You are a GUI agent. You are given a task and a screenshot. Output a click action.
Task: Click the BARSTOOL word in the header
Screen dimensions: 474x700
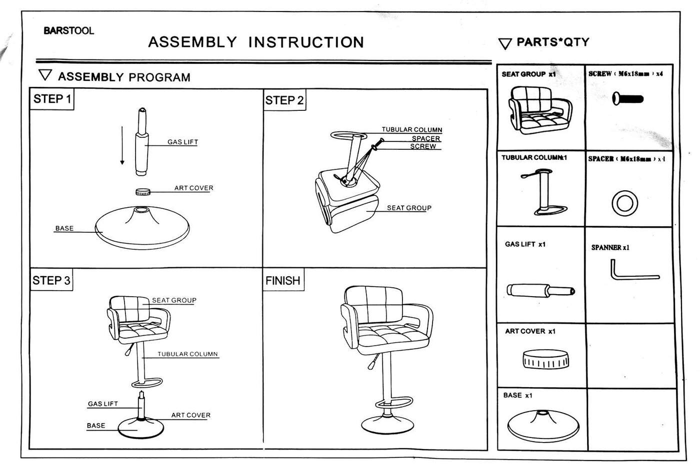pyautogui.click(x=68, y=30)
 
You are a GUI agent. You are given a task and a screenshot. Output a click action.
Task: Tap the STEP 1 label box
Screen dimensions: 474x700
pyautogui.click(x=52, y=99)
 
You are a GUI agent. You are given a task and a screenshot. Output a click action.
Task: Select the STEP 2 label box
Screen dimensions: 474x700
pyautogui.click(x=284, y=100)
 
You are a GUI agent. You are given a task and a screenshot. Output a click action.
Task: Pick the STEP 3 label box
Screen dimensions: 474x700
pyautogui.click(x=51, y=280)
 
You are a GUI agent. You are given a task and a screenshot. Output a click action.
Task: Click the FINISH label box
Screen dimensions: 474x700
pyautogui.click(x=283, y=281)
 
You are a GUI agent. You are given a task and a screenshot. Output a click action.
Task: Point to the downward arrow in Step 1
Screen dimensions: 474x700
pyautogui.click(x=122, y=145)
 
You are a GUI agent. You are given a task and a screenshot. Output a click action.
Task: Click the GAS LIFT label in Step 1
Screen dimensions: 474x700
pyautogui.click(x=182, y=142)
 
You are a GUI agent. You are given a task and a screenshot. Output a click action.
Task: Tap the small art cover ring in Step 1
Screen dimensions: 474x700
pyautogui.click(x=143, y=192)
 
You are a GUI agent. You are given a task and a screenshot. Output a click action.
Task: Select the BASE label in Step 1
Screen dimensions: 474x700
pyautogui.click(x=64, y=228)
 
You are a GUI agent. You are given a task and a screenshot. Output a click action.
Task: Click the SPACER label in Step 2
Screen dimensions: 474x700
pyautogui.click(x=425, y=138)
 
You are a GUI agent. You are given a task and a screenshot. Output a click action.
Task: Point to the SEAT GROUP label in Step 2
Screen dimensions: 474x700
pyautogui.click(x=408, y=208)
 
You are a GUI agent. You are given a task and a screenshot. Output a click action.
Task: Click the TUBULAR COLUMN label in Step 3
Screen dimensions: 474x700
pyautogui.click(x=187, y=354)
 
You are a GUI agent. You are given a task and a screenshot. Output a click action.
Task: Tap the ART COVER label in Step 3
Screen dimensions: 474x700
pyautogui.click(x=190, y=415)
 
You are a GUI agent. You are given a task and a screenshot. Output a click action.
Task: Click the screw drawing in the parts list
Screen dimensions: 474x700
pyautogui.click(x=627, y=98)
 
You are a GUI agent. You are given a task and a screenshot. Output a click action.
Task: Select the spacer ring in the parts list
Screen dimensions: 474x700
pyautogui.click(x=624, y=203)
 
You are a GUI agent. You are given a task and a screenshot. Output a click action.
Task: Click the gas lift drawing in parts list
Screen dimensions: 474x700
pyautogui.click(x=540, y=290)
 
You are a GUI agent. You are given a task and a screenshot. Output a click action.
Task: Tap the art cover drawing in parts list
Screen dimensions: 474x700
pyautogui.click(x=545, y=360)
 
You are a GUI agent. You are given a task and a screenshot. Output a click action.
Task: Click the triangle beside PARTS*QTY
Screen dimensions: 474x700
pyautogui.click(x=505, y=44)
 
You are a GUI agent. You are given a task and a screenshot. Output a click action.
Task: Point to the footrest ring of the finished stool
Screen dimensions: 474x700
pyautogui.click(x=394, y=403)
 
